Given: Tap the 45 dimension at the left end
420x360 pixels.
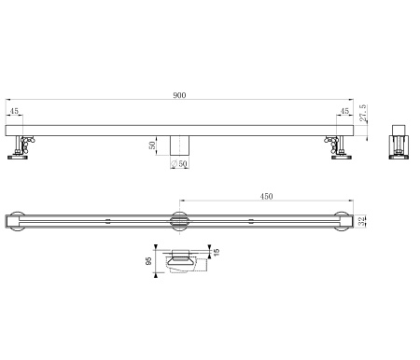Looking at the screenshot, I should point(13,111).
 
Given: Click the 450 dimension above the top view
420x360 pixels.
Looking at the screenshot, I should point(265,196).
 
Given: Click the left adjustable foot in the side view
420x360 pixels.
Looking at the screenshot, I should point(21,147).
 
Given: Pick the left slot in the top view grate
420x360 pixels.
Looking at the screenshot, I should point(108,221).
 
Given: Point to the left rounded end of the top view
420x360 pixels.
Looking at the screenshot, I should point(12,222).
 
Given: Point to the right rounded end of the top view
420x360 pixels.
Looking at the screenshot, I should point(344,222).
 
